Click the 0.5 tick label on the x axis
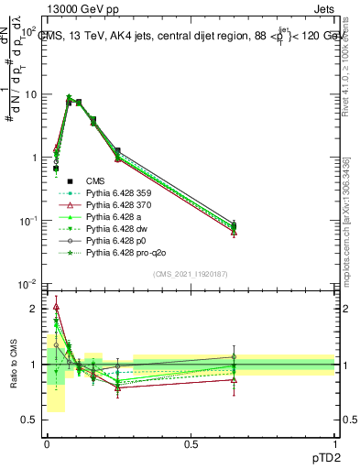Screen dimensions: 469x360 coord(191,443)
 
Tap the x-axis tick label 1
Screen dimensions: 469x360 coord(334,443)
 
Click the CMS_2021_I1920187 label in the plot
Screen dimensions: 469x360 coord(190,273)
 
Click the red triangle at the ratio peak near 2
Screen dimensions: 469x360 coord(56,307)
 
